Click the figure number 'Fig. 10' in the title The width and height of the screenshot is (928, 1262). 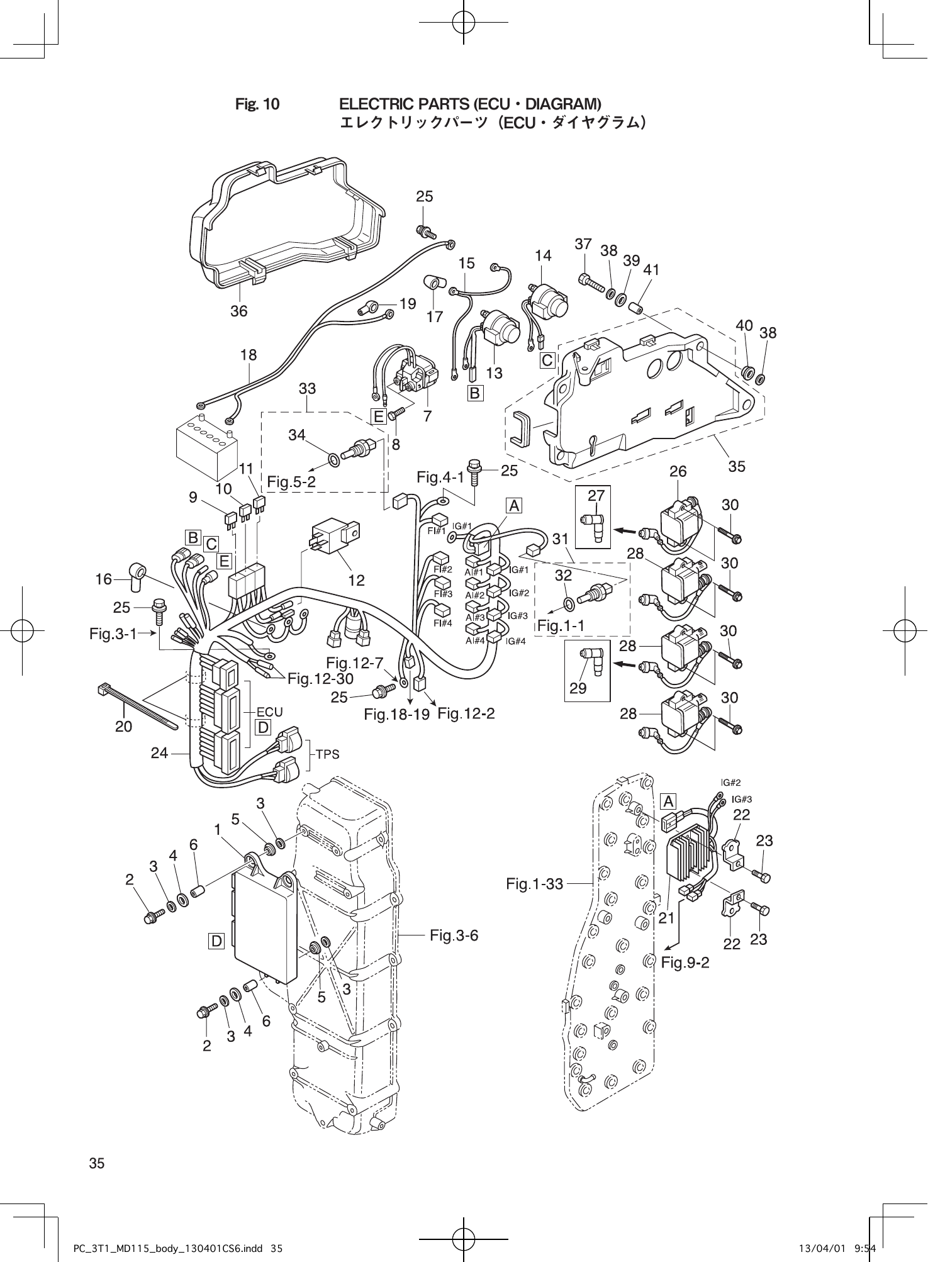(257, 104)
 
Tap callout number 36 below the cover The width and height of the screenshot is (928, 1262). (238, 310)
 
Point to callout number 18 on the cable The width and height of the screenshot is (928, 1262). (249, 355)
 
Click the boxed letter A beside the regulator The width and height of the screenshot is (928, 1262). (668, 801)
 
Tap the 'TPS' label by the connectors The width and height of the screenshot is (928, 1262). (327, 754)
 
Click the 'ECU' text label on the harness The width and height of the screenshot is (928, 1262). (269, 711)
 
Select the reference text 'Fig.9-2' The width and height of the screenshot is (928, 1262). (685, 980)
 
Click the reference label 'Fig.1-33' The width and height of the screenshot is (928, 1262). (534, 884)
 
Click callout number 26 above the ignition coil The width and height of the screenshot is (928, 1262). (678, 471)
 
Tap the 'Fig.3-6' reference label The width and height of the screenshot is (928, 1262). (454, 935)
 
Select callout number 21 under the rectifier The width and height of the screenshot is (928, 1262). (666, 918)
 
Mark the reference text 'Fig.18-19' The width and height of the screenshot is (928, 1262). (396, 714)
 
